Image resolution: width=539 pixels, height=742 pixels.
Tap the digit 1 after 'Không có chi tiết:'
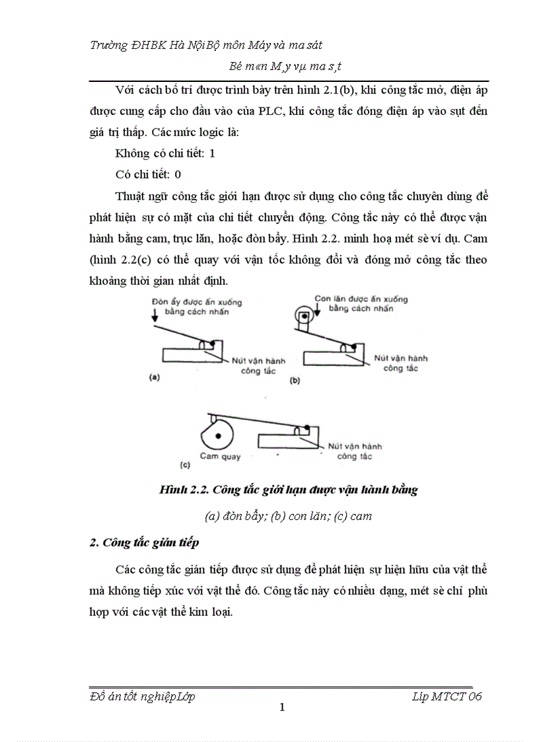pyautogui.click(x=212, y=153)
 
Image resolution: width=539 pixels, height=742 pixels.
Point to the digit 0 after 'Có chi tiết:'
pyautogui.click(x=178, y=174)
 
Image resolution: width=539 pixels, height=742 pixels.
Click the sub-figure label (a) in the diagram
pyautogui.click(x=154, y=379)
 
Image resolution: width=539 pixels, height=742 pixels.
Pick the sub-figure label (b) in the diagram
pyautogui.click(x=295, y=381)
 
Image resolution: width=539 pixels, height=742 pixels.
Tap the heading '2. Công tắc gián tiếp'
pyautogui.click(x=144, y=542)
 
